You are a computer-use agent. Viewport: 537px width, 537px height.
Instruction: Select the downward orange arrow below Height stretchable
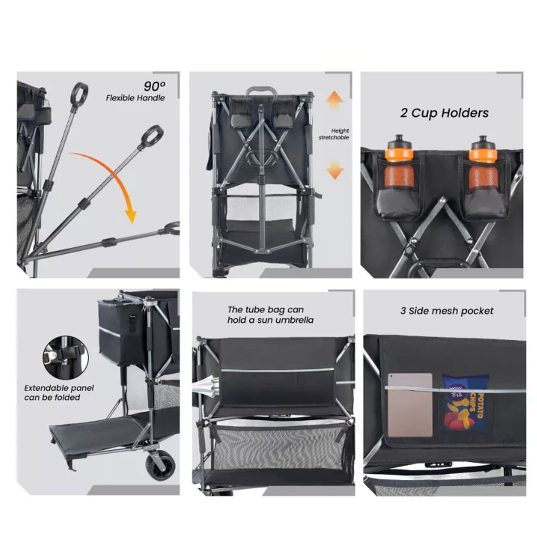click(335, 170)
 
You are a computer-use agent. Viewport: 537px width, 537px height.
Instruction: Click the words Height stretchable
click(334, 134)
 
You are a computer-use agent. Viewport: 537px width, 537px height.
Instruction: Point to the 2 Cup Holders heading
click(444, 113)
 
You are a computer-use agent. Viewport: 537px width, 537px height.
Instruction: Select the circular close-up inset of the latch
click(65, 358)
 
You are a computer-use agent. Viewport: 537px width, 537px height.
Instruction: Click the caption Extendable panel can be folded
click(59, 393)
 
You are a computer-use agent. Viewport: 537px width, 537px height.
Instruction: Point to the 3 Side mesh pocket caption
click(447, 311)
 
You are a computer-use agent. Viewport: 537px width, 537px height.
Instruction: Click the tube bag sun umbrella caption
click(270, 315)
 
